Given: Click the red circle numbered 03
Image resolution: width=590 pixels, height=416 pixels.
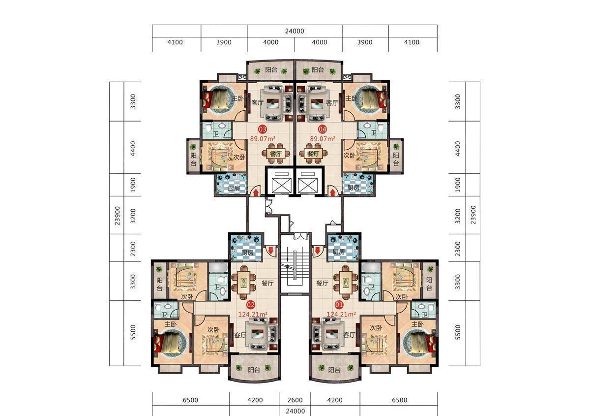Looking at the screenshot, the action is click(x=263, y=129).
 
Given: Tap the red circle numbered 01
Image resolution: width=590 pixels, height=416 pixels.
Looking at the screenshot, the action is click(x=339, y=305).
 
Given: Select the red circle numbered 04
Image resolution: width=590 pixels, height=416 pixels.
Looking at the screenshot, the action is click(x=323, y=129).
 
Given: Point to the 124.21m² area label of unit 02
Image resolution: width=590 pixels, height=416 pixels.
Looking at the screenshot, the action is click(x=253, y=315).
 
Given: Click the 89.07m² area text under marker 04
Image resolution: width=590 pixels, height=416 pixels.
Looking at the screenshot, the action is click(x=323, y=139).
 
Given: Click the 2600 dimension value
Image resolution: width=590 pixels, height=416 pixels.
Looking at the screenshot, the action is click(x=295, y=400).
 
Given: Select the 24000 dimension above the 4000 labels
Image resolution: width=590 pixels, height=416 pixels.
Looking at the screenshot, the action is click(x=295, y=31).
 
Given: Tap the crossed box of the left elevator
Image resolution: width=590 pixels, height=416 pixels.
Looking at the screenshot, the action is click(x=282, y=186).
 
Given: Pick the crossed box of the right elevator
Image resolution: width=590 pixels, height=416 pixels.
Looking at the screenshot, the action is click(x=308, y=186).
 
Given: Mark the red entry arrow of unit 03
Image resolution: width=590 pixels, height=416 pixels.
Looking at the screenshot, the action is click(x=256, y=192).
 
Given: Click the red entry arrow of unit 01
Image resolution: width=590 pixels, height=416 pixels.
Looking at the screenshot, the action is click(x=318, y=251).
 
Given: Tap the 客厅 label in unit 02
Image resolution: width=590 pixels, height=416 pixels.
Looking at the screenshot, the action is click(x=240, y=335).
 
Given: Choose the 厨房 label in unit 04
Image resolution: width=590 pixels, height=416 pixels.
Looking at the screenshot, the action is click(x=353, y=188).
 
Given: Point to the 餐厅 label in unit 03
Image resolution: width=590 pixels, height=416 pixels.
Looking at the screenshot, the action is click(x=276, y=154).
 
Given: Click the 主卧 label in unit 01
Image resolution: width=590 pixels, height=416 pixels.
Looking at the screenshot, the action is click(x=417, y=324).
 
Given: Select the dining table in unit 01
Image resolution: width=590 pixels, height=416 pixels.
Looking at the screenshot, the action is click(x=346, y=283).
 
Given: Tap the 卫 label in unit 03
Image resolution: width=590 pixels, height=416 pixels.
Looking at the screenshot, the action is click(x=216, y=134).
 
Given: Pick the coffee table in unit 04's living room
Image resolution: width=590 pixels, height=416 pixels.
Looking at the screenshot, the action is click(x=317, y=103).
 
